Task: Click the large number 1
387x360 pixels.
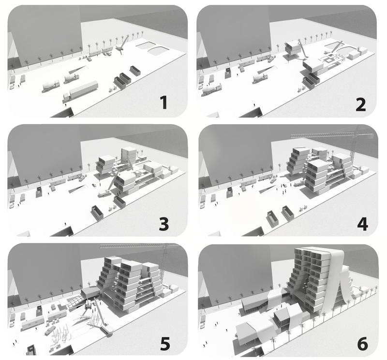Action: point(164,102)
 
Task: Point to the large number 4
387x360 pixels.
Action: point(362,223)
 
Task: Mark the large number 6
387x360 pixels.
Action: point(362,344)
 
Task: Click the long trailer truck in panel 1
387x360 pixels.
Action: point(80,90)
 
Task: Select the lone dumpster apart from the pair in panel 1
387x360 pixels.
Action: point(135,70)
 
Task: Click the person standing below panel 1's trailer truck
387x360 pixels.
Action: point(65,105)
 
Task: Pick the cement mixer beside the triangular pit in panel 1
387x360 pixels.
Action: point(72,78)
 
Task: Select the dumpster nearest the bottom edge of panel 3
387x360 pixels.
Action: point(97,213)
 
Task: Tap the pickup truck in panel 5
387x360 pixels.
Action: point(50,331)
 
